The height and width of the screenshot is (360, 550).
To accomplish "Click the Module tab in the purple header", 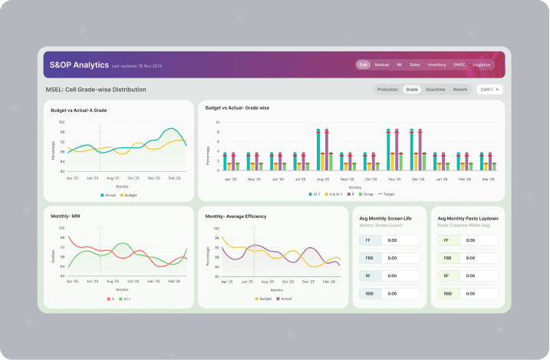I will point(381,64).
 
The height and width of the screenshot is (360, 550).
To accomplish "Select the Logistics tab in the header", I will point(482,64).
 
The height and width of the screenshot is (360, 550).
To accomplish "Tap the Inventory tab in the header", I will point(436,64).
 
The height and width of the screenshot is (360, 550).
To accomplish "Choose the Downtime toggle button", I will point(435,89).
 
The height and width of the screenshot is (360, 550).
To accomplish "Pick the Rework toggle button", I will point(460,89).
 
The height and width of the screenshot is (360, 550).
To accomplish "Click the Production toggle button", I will point(387,89).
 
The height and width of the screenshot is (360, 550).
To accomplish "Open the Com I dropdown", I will point(489,89).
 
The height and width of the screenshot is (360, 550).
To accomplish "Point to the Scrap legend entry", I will point(366,194).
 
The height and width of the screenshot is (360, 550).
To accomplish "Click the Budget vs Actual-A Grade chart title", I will point(79,111).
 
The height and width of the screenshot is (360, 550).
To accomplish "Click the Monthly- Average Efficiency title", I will point(235,216).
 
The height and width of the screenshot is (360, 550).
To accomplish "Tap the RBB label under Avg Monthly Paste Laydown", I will point(446,294).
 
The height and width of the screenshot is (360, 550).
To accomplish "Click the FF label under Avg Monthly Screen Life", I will point(369,240).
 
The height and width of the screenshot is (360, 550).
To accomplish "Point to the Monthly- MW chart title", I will point(66,216).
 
